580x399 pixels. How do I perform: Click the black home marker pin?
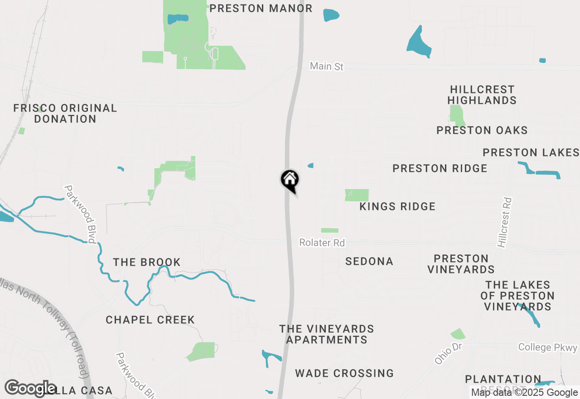(x=290, y=180)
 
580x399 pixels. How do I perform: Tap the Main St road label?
(x=327, y=67)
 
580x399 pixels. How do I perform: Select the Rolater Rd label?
(x=322, y=243)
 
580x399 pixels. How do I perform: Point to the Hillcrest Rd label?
(x=504, y=222)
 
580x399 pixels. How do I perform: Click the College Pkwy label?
(x=548, y=348)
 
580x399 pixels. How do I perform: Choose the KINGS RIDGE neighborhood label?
(x=397, y=207)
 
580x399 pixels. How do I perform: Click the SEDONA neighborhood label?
(x=369, y=262)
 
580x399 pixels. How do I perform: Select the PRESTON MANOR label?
(x=261, y=9)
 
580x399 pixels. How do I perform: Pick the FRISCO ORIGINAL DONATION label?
(x=65, y=114)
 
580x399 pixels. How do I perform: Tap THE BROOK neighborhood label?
(x=147, y=263)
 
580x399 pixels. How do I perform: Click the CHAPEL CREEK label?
(x=150, y=320)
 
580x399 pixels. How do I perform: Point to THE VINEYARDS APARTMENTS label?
(x=327, y=334)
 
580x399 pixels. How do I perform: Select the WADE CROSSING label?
(x=344, y=374)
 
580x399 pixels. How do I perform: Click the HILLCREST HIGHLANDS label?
(x=482, y=95)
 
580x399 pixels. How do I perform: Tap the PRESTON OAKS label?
(x=482, y=131)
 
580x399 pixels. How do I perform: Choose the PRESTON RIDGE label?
(x=440, y=169)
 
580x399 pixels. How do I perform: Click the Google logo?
(x=30, y=388)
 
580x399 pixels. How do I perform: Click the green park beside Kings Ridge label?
(x=357, y=195)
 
